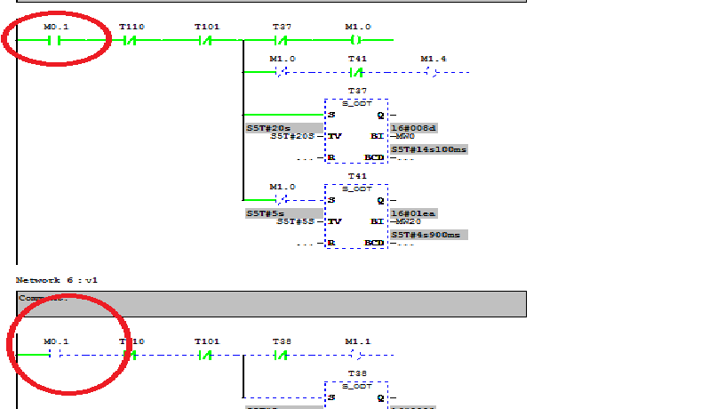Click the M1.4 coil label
click(434, 59)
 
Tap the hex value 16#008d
click(413, 128)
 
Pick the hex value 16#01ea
click(413, 213)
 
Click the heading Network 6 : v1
click(57, 279)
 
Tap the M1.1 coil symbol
click(357, 355)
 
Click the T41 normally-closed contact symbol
click(357, 71)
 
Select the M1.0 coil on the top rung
click(357, 40)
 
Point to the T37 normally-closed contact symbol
click(283, 40)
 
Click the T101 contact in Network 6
click(206, 355)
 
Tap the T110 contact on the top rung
click(131, 40)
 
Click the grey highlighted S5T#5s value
click(264, 213)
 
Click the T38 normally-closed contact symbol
click(283, 355)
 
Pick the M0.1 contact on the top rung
click(56, 40)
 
